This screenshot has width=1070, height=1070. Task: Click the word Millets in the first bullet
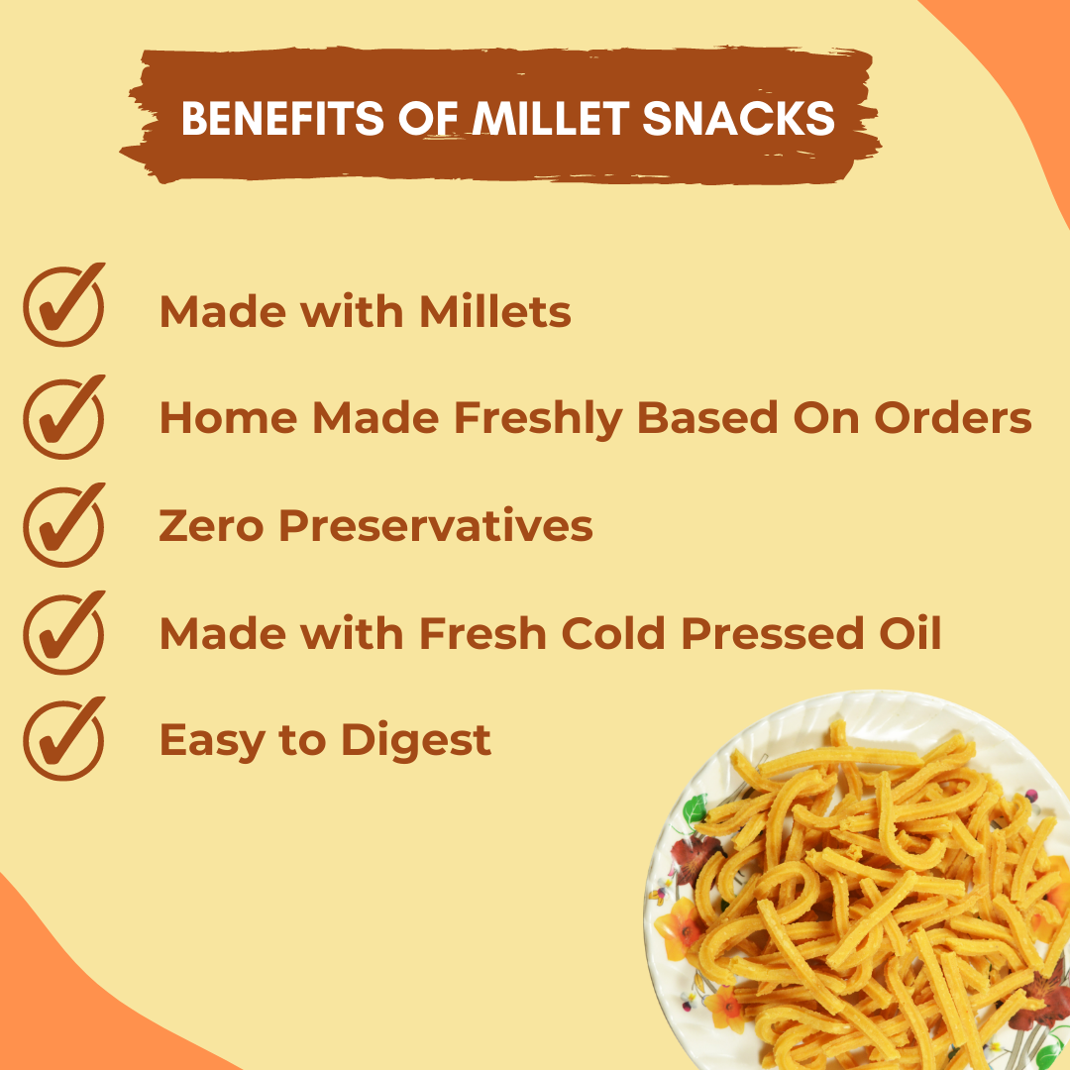(x=494, y=312)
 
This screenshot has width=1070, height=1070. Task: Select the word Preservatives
(x=435, y=526)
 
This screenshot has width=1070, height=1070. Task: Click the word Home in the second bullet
(x=228, y=419)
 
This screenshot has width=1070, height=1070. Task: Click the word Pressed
(x=771, y=634)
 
